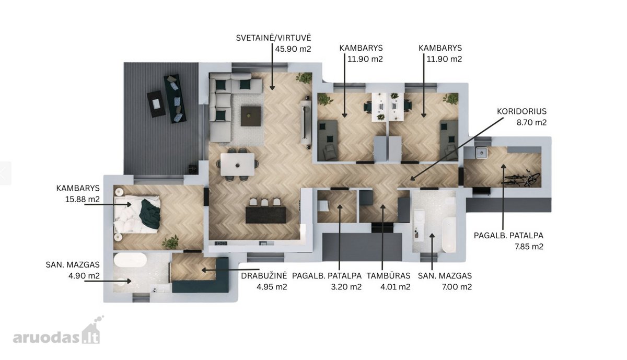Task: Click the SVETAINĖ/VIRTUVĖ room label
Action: [x=273, y=38]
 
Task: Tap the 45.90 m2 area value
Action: [x=293, y=49]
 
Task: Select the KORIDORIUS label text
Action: [x=522, y=111]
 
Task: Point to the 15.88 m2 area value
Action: [x=83, y=199]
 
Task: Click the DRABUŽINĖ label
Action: [x=264, y=275]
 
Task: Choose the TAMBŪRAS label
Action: [x=389, y=276]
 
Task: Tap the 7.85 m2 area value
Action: [x=529, y=247]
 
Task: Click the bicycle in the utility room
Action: [x=520, y=179]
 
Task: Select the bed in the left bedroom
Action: [x=137, y=214]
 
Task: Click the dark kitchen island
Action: [x=265, y=215]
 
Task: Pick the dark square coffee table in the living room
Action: [x=251, y=116]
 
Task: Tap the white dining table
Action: [x=237, y=164]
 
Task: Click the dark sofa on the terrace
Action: [x=175, y=99]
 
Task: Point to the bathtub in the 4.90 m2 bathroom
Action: [x=131, y=260]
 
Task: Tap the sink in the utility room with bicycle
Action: [x=481, y=153]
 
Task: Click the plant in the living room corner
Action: [x=304, y=78]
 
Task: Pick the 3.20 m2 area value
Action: [x=346, y=287]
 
